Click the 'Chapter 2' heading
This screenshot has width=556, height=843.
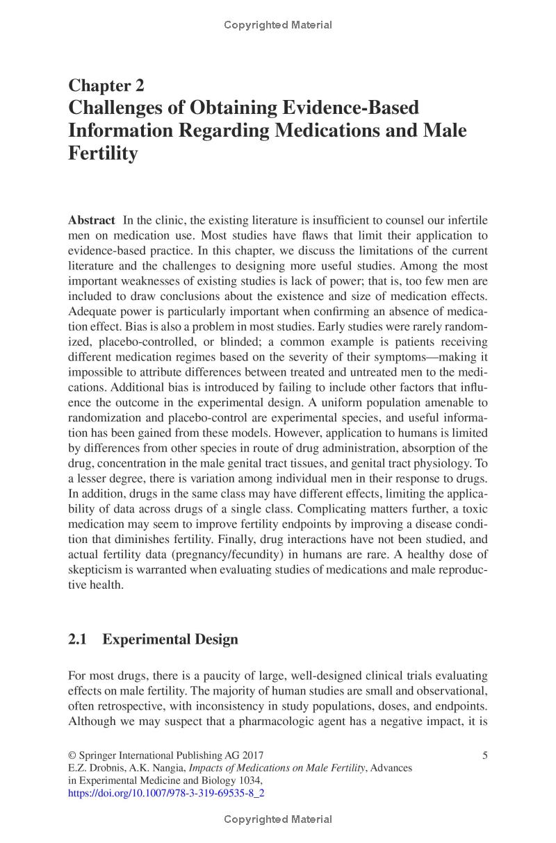[x=106, y=85]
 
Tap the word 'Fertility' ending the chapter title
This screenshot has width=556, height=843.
[x=103, y=153]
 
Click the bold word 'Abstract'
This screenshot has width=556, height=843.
[x=91, y=220]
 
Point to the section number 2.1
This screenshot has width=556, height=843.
[x=77, y=639]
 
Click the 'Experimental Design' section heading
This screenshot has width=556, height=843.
[x=170, y=639]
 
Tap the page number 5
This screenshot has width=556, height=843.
[x=484, y=756]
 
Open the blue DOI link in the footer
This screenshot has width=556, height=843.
[x=166, y=791]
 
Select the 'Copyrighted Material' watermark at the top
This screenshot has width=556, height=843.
[x=278, y=25]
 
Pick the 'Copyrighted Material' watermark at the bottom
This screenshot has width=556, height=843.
[x=278, y=819]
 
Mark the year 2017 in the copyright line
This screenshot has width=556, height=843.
[x=251, y=756]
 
